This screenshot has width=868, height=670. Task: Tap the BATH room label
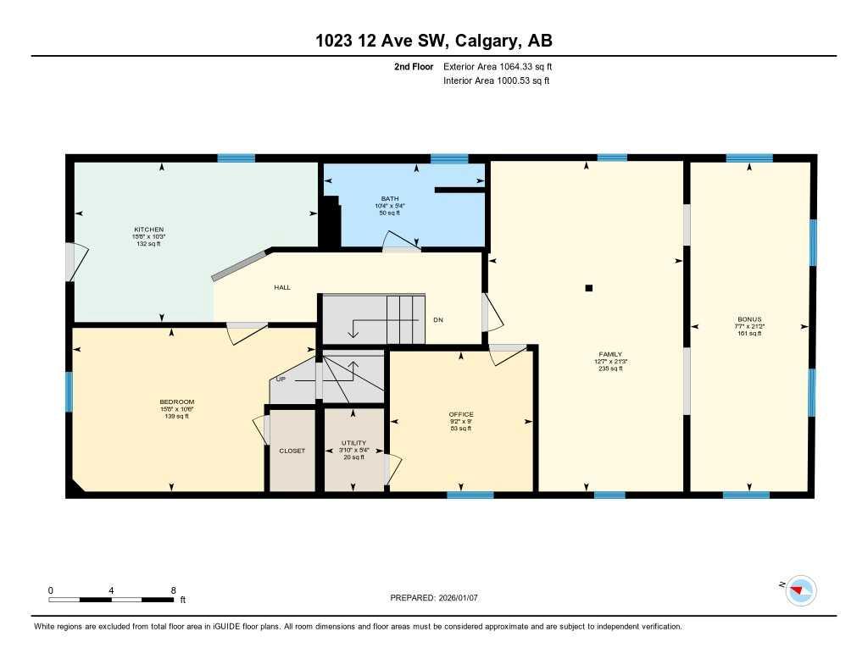coord(390,198)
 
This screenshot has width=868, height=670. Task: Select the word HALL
coord(282,287)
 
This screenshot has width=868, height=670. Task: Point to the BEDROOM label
coord(177,401)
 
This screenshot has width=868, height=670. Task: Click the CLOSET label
coord(292,451)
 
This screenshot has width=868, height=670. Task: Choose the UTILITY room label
coord(353,443)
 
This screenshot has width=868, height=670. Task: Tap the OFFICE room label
coord(461,414)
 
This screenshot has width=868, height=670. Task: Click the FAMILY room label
coord(610,354)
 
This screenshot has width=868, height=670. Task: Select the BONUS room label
coord(748,319)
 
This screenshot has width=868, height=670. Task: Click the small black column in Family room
coord(589,288)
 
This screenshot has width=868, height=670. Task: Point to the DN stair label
coord(438,319)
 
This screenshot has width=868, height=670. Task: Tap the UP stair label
coord(281,379)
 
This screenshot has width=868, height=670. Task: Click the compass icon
coord(800,590)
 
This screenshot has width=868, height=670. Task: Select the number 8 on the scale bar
coord(173,590)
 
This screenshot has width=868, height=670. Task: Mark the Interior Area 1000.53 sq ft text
coord(497,81)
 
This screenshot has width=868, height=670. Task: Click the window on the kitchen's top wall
coord(236,158)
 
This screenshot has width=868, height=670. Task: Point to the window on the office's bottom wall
coord(470,495)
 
